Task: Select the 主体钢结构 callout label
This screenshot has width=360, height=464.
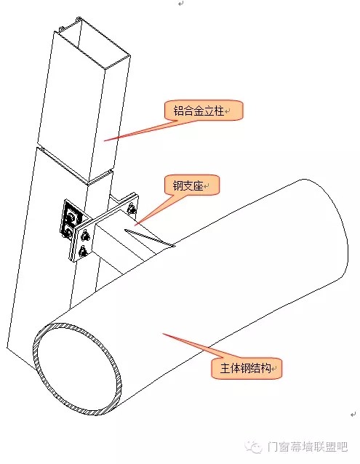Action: (246, 369)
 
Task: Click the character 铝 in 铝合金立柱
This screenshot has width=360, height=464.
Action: (178, 111)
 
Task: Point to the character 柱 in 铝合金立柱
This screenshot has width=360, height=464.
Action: (219, 111)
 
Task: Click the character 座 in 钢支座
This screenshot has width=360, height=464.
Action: (199, 186)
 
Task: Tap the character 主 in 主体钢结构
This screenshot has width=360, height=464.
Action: (225, 369)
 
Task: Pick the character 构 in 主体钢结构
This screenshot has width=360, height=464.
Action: (266, 369)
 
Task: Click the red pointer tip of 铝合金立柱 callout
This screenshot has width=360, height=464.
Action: (104, 140)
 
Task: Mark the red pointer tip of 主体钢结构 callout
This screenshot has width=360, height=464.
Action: (163, 334)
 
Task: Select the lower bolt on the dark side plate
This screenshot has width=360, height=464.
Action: (68, 232)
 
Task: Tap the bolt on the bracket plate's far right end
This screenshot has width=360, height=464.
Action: (132, 209)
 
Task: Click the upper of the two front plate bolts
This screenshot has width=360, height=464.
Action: (86, 236)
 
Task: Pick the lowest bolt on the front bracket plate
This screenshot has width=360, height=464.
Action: (82, 251)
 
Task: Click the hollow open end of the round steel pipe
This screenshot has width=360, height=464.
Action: (78, 369)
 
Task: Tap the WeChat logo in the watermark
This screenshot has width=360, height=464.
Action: (255, 447)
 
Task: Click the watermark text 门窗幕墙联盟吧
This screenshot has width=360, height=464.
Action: (307, 447)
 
